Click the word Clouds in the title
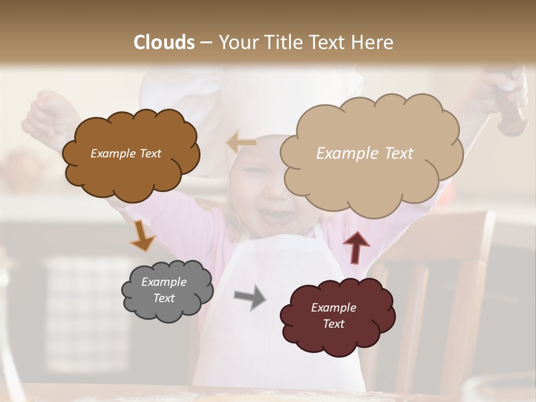[164, 42]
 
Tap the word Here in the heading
[373, 42]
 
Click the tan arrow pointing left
[241, 142]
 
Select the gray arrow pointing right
[250, 296]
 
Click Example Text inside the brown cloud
[126, 154]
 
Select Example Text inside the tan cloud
[365, 154]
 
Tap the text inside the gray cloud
[164, 290]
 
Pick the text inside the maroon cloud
[333, 315]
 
